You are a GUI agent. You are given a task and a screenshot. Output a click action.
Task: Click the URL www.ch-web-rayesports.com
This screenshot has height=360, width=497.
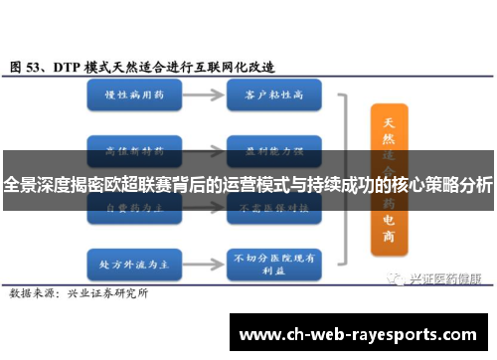click(x=358, y=333)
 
